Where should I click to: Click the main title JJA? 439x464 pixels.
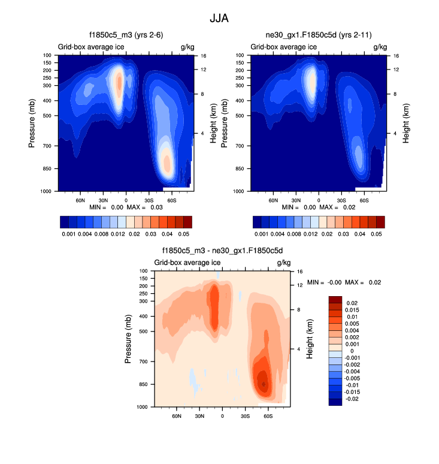[219, 18]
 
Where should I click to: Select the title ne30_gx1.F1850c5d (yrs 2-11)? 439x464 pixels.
[316, 35]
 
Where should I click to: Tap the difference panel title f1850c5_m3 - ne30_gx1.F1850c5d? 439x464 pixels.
[222, 251]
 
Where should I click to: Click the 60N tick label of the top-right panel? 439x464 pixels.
[273, 200]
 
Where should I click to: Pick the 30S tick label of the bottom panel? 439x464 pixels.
[245, 415]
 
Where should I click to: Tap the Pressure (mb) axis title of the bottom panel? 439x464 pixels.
[129, 339]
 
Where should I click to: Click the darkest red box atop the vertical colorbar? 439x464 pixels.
[335, 299]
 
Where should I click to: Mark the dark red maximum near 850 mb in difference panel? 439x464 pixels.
[264, 383]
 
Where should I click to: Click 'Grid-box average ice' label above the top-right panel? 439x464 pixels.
[283, 47]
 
